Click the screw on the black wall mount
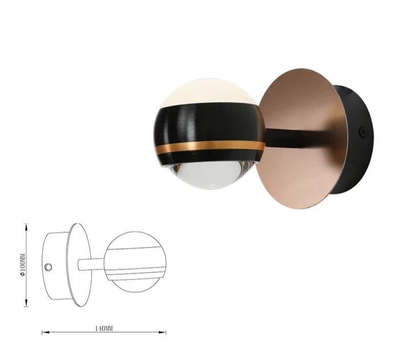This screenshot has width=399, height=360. [x=364, y=132]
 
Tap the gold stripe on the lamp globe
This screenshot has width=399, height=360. [x=211, y=147]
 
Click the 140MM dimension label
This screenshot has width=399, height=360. [x=104, y=329]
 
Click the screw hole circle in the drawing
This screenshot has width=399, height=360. [x=48, y=267]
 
